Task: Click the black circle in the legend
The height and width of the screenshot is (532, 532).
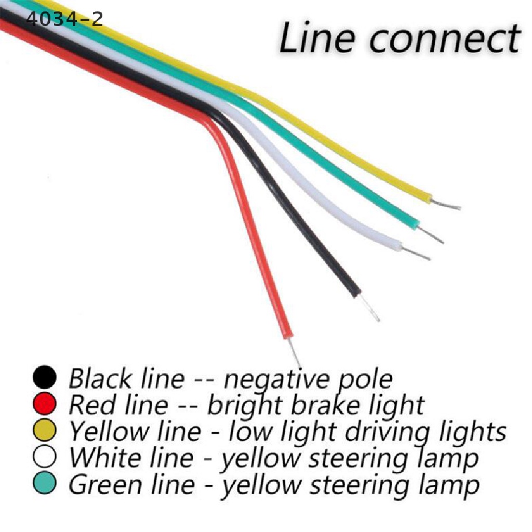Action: point(45,377)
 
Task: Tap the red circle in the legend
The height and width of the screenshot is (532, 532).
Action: point(45,403)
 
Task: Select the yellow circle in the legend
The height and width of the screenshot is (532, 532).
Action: point(45,430)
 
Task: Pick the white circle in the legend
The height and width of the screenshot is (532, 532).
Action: point(45,456)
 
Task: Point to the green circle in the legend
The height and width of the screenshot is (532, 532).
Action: point(45,483)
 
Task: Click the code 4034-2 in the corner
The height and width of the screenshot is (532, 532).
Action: point(64,19)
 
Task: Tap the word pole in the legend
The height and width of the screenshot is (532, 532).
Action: point(366,380)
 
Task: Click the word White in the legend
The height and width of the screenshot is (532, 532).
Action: point(108,457)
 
